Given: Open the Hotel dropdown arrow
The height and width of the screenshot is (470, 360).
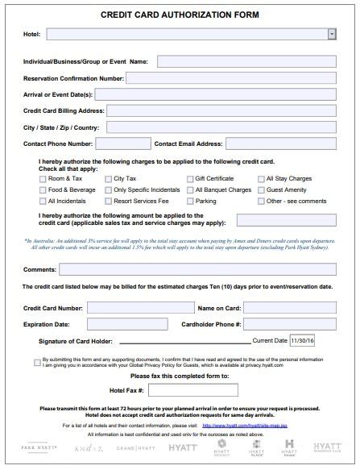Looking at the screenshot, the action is [x=332, y=34].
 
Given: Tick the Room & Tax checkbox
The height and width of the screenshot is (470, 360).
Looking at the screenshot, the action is [x=43, y=177].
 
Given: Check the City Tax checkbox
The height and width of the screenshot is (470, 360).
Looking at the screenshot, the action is [x=109, y=177].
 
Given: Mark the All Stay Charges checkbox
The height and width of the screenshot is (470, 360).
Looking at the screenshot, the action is [x=261, y=177].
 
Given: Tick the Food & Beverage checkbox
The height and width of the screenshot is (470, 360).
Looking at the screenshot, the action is [x=43, y=189].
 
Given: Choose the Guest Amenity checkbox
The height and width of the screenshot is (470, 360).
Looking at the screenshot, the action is [x=261, y=189].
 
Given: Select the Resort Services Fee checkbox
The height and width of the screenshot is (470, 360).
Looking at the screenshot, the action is [x=109, y=200].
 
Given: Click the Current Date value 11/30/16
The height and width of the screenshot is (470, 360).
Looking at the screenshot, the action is [x=305, y=342].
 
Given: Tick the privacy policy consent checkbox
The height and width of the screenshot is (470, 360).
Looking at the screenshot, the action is [x=37, y=362].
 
